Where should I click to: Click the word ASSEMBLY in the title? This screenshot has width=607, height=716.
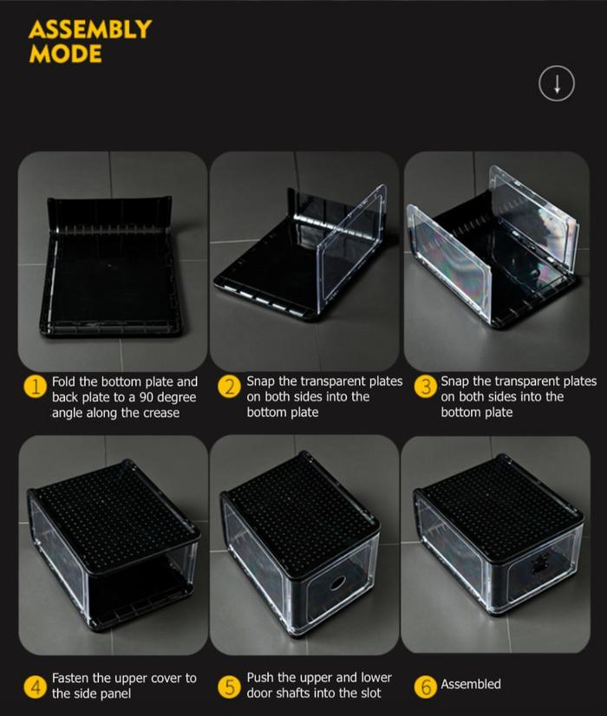click(90, 29)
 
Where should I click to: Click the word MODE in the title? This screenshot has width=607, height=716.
click(65, 54)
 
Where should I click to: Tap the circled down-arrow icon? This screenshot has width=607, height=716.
click(557, 83)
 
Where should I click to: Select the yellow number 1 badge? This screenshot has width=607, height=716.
click(36, 387)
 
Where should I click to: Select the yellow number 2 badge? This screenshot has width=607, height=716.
click(229, 387)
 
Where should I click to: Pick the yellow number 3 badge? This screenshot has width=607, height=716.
click(425, 387)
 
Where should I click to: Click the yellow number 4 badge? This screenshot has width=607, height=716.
click(36, 687)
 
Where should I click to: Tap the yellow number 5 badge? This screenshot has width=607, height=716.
click(229, 687)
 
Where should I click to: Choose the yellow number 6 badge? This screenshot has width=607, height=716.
click(425, 687)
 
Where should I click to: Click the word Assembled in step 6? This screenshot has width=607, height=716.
click(471, 684)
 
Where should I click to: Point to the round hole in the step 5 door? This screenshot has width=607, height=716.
click(337, 583)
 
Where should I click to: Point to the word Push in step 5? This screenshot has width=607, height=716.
click(260, 677)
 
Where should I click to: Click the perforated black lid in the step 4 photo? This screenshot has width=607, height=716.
click(114, 516)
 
